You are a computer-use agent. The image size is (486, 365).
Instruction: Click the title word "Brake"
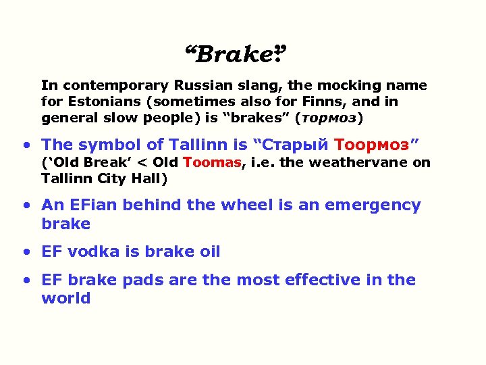(x=234, y=53)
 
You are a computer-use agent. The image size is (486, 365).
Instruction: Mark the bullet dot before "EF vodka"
(x=26, y=253)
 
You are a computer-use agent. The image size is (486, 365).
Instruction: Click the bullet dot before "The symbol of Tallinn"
(x=26, y=145)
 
